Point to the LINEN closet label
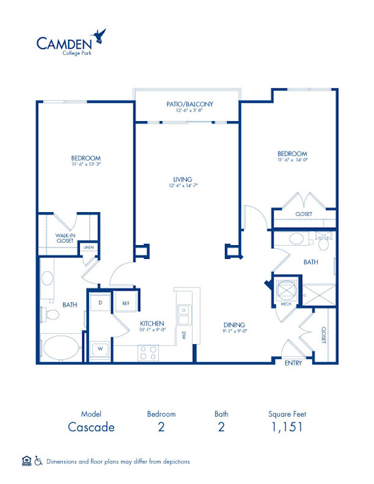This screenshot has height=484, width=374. point(88,248)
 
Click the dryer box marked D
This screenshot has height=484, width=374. point(100,303)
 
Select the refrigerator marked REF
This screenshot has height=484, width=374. point(125,303)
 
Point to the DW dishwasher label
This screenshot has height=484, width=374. point(185,336)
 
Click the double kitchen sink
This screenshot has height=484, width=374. point(183,315)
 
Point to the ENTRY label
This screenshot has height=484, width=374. point(292,362)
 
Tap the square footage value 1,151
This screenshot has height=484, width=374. point(287,427)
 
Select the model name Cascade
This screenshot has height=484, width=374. point(91,427)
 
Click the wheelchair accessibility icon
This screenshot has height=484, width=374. point(39,461)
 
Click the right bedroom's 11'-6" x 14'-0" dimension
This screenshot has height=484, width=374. point(292,160)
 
